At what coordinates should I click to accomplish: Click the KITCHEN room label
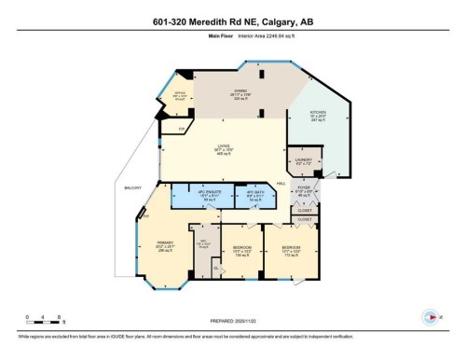click(319, 116)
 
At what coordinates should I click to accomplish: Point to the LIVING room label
click(223, 149)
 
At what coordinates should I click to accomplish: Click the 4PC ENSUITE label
click(195, 194)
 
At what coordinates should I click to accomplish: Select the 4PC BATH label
click(253, 194)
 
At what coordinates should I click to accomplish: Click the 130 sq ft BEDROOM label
click(242, 249)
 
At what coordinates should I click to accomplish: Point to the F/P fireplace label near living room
click(183, 129)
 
